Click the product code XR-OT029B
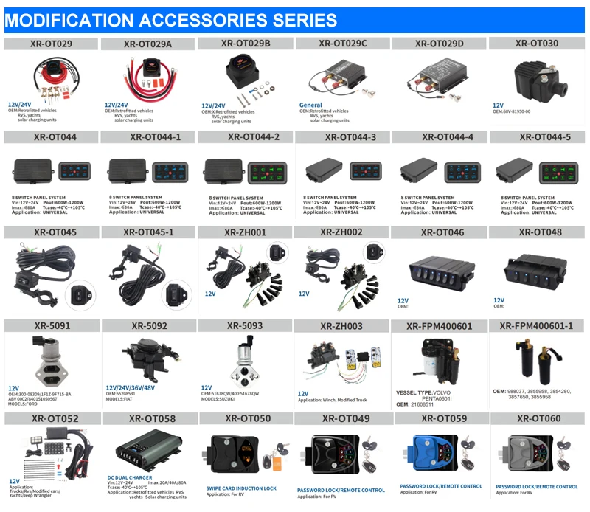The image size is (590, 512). pyautogui.click(x=246, y=44)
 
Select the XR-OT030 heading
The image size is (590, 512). pyautogui.click(x=537, y=44)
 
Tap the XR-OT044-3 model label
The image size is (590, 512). pyautogui.click(x=343, y=137)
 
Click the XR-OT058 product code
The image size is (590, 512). pyautogui.click(x=150, y=419)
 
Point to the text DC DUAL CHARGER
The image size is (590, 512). pyautogui.click(x=131, y=477)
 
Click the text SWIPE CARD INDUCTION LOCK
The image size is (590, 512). pyautogui.click(x=241, y=488)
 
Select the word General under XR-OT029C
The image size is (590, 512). pyautogui.click(x=310, y=105)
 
